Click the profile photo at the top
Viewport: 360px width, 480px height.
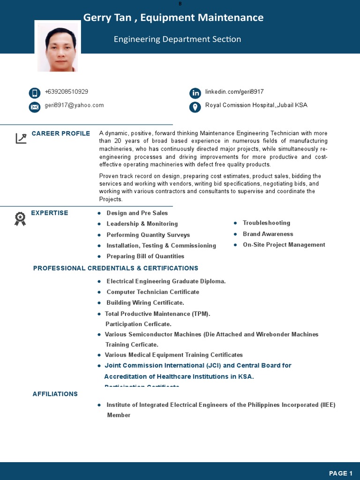pyautogui.click(x=57, y=47)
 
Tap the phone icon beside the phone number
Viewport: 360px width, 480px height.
pyautogui.click(x=34, y=93)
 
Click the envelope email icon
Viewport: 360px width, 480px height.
pyautogui.click(x=34, y=107)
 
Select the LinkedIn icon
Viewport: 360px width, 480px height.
pyautogui.click(x=195, y=93)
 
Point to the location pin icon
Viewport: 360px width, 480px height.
pyautogui.click(x=195, y=107)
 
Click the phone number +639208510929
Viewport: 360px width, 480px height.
pyautogui.click(x=67, y=92)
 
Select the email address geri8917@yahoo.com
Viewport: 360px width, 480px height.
pyautogui.click(x=74, y=105)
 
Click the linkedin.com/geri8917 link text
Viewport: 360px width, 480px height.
pyautogui.click(x=234, y=92)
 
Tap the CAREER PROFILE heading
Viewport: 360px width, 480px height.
pyautogui.click(x=61, y=134)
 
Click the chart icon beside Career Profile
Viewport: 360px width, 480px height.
pyautogui.click(x=21, y=138)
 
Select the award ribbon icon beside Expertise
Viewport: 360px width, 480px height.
pyautogui.click(x=20, y=218)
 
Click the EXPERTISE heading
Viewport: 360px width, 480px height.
pyautogui.click(x=50, y=213)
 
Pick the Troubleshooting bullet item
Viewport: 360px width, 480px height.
pyautogui.click(x=266, y=223)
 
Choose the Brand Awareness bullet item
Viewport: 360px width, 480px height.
pyautogui.click(x=268, y=234)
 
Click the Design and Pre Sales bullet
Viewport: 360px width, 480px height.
pyautogui.click(x=137, y=213)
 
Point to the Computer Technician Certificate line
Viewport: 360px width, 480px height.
pyautogui.click(x=153, y=292)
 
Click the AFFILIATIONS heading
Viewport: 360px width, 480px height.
pyautogui.click(x=55, y=394)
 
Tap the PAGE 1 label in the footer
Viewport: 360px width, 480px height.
pyautogui.click(x=341, y=473)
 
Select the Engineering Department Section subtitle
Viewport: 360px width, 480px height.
pyautogui.click(x=177, y=39)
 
